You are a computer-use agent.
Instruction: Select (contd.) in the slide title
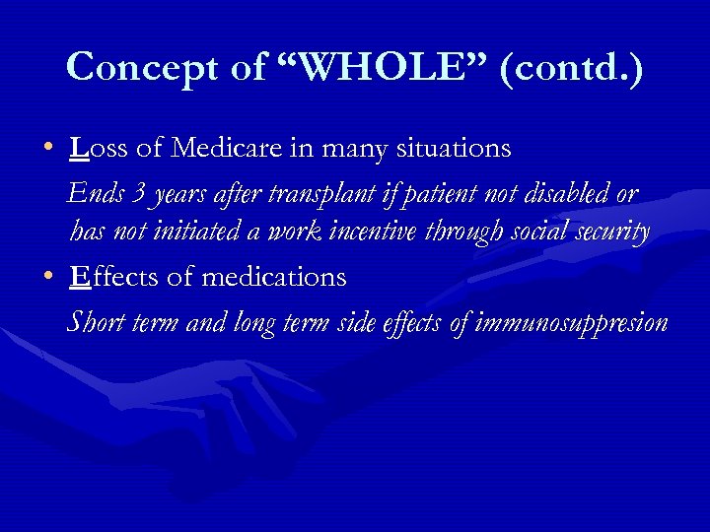(572, 67)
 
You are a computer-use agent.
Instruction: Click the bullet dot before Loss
(47, 150)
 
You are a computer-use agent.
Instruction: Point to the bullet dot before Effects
(47, 279)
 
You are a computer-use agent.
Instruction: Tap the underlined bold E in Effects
(79, 278)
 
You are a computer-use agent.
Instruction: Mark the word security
(610, 233)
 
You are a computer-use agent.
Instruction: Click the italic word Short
(95, 322)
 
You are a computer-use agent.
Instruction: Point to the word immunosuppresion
(570, 323)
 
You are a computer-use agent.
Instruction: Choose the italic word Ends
(93, 193)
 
